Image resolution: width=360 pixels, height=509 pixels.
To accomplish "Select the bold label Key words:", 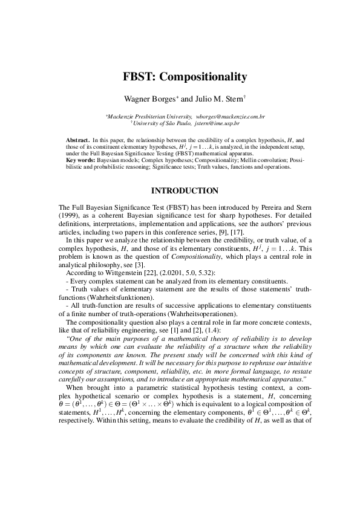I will (x=80, y=160).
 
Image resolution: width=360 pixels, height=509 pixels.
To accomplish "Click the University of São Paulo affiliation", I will (x=162, y=122).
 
